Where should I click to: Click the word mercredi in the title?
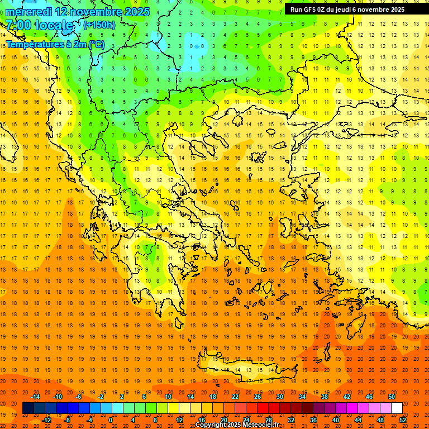pos(28,12)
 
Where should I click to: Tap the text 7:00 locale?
pos(39,25)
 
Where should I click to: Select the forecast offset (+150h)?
pos(99,25)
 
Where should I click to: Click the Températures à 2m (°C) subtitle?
pos(55,44)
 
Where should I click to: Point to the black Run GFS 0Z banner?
pos(351,9)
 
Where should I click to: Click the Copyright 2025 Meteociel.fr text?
pos(237,425)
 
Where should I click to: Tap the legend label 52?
pos(403,420)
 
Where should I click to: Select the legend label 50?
pos(391,397)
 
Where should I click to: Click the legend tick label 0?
pos(110,420)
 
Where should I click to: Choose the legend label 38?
pos(325,397)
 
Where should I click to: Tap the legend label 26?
pos(258,397)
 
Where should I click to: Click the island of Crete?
pos(246,369)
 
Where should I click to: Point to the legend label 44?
pos(358,420)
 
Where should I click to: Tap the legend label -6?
pos(79,397)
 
